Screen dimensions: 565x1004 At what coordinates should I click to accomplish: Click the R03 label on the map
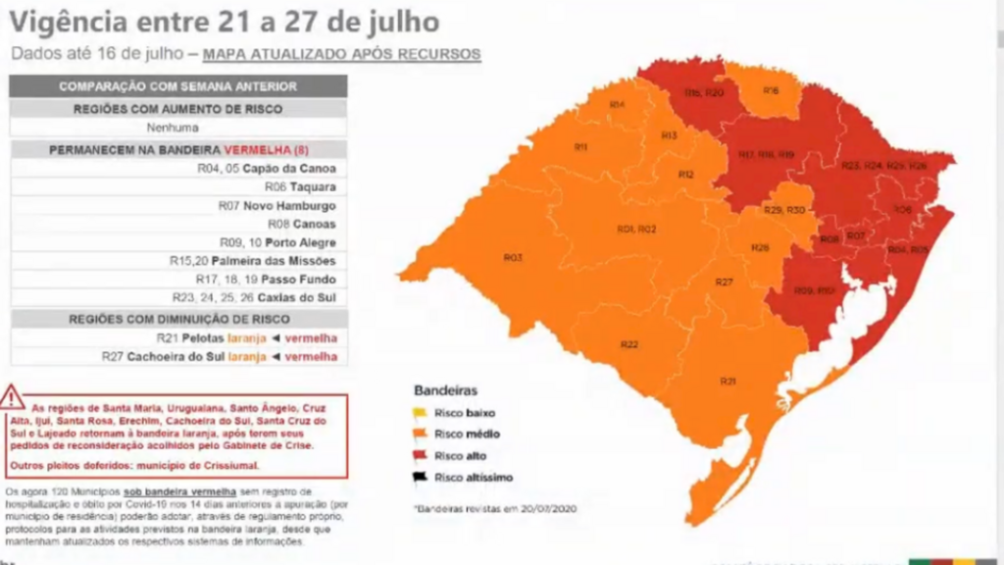[x=512, y=257]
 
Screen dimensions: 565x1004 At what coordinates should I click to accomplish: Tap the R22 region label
[x=629, y=344]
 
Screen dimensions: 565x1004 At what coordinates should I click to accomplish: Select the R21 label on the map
[x=728, y=381]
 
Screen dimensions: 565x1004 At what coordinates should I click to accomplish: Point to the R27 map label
[x=724, y=282]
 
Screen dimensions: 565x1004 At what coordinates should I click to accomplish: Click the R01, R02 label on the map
[x=636, y=229]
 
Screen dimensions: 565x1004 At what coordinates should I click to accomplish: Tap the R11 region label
[x=580, y=147]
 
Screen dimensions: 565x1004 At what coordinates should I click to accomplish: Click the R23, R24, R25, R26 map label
[x=883, y=166]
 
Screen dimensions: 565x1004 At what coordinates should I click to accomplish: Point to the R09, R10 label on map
[x=814, y=291]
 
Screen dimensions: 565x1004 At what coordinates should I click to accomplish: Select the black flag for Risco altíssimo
[x=422, y=479]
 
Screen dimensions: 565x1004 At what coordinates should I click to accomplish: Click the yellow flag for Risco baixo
[x=422, y=412]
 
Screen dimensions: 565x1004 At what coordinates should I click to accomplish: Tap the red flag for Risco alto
[x=422, y=456]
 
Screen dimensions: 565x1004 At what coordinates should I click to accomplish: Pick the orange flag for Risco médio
[x=422, y=434]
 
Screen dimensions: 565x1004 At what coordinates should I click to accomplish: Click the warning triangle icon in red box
[x=13, y=397]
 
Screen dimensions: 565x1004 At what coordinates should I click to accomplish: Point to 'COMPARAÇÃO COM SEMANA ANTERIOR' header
[x=177, y=86]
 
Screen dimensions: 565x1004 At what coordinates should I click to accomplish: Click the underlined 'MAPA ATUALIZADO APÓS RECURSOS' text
[x=341, y=54]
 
